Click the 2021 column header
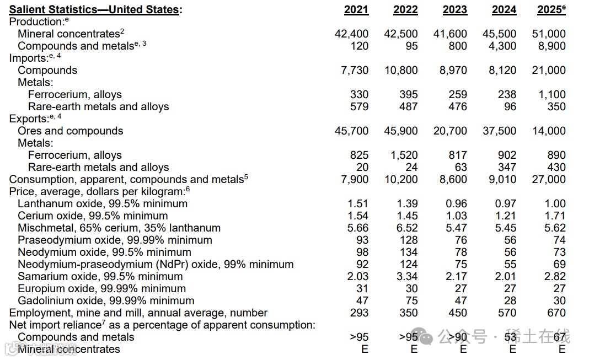[x=356, y=10]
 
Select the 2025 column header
[x=551, y=10]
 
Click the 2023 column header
[x=454, y=10]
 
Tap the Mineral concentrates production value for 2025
[x=549, y=34]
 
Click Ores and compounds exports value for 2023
[x=450, y=131]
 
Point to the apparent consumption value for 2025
[x=549, y=180]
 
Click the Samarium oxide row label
[x=100, y=277]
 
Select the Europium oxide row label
[x=101, y=289]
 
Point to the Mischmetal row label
[x=119, y=228]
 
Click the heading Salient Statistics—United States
[x=95, y=10]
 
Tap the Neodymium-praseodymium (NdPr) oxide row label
[x=156, y=265]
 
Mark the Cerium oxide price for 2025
[x=555, y=216]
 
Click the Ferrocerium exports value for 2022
[x=404, y=155]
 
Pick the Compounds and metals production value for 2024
[x=502, y=46]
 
